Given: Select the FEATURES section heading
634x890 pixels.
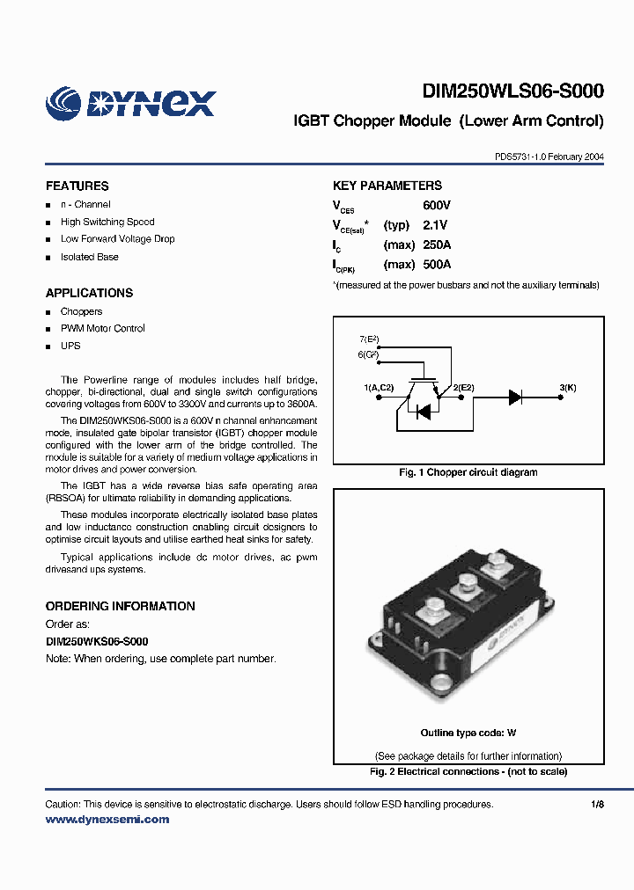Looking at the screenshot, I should click(77, 186).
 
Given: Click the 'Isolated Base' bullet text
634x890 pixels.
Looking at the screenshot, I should click(89, 257).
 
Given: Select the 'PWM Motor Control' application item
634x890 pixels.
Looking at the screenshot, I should click(102, 328).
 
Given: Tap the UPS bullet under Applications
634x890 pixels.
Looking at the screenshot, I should click(70, 346).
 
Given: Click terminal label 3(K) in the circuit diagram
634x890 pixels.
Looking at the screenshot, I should click(568, 387).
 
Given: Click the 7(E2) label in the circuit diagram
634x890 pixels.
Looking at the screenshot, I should click(368, 339).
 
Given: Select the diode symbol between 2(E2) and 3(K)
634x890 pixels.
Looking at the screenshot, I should click(515, 397).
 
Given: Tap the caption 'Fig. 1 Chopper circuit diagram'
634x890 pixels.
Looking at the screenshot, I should click(468, 472).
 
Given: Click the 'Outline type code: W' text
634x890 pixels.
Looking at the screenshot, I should click(468, 733).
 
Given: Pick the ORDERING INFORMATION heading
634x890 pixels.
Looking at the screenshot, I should click(120, 606).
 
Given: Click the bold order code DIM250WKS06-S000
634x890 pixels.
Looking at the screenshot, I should click(97, 641).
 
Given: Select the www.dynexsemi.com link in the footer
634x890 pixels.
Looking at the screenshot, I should click(107, 820).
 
